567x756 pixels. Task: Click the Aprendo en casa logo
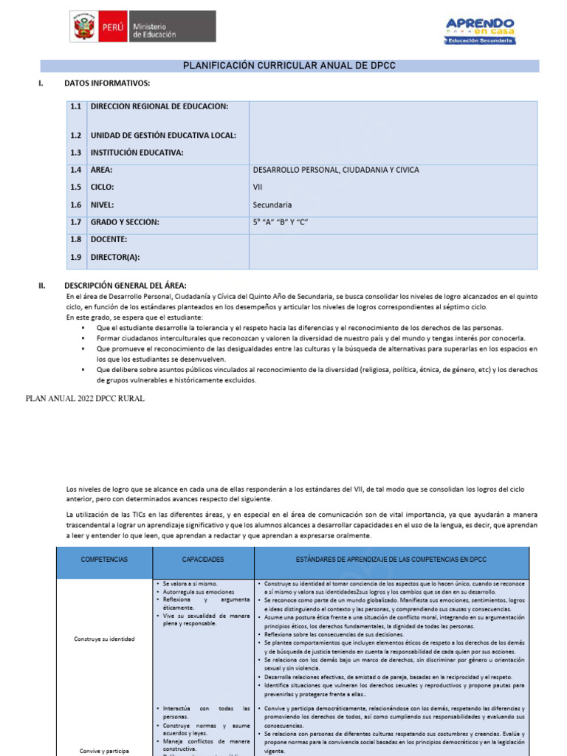click(480, 30)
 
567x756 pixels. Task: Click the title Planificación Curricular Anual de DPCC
click(289, 66)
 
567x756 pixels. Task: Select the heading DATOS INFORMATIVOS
click(107, 83)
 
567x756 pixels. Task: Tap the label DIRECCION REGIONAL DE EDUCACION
click(159, 106)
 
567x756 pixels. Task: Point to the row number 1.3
click(75, 153)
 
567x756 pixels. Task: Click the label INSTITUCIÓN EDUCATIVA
click(137, 153)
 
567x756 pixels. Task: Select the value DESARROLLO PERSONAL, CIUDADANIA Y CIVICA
click(336, 170)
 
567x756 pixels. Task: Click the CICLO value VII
click(258, 188)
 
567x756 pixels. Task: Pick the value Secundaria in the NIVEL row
click(272, 205)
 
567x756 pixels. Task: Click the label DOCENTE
click(109, 239)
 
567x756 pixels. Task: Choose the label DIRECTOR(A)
click(114, 257)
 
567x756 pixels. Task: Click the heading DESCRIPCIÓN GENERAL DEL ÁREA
click(126, 285)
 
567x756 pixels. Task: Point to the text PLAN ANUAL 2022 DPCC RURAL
click(85, 399)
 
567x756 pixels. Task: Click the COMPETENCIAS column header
click(104, 560)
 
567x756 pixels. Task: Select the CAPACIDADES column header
click(203, 560)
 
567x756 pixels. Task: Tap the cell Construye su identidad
click(104, 639)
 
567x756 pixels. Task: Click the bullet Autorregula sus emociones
click(190, 592)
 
